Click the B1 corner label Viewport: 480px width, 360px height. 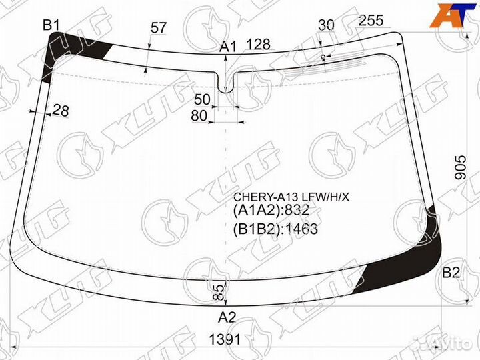[51, 25]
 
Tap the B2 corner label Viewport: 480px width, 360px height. [451, 272]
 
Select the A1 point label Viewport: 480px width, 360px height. [229, 47]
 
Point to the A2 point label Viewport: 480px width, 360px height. [227, 317]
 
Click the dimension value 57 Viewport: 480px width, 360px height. [158, 28]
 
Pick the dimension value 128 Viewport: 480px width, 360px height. [259, 45]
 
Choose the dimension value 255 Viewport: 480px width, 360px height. [371, 21]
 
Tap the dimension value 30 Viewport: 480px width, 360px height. [326, 25]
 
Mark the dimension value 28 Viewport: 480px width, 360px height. [61, 111]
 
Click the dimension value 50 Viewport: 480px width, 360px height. [203, 99]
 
